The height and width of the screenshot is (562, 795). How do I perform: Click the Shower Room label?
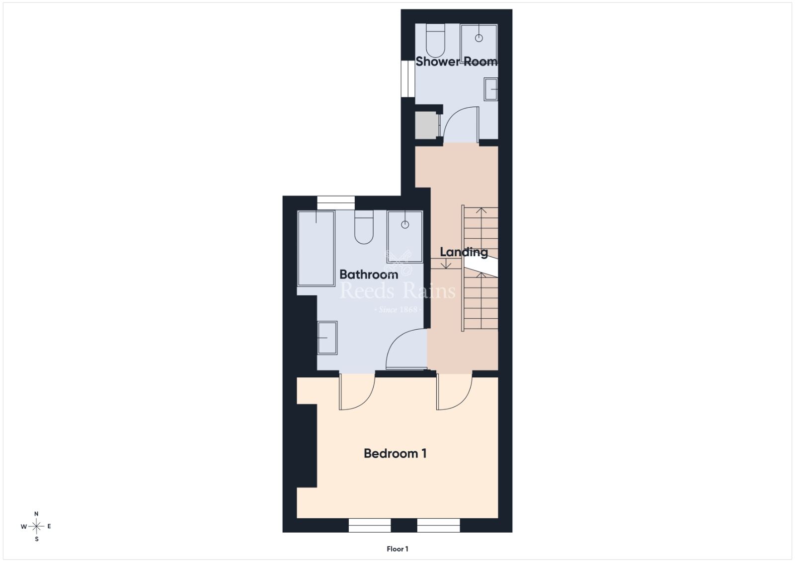point(456,62)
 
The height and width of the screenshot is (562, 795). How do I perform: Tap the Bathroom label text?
point(369,275)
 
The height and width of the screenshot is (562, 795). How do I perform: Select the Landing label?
point(464,253)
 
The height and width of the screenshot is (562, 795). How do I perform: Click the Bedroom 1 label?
point(395,453)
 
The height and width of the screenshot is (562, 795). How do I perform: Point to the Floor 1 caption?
point(397,549)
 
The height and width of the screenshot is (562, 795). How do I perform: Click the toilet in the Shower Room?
point(435,40)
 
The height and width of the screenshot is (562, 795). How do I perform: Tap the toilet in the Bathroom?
point(364,227)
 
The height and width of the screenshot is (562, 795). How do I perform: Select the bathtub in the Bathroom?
point(316,248)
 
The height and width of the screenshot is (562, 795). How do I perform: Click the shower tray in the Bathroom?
point(405,236)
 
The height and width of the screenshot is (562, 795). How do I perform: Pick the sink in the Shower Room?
point(491,89)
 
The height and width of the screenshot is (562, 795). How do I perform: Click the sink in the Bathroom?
point(327,338)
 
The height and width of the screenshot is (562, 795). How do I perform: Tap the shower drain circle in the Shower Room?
point(479,38)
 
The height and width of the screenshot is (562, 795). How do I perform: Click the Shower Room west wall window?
point(408,79)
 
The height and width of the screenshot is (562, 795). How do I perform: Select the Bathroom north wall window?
point(336,203)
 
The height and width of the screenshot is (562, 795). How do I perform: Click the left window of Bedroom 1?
point(370,525)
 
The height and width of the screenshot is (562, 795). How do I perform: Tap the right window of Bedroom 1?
point(438,525)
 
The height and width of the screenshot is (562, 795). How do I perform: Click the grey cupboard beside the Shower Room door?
point(427,126)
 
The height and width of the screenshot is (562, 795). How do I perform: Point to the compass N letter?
point(36,514)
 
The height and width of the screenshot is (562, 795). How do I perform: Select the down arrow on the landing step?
point(446,264)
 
